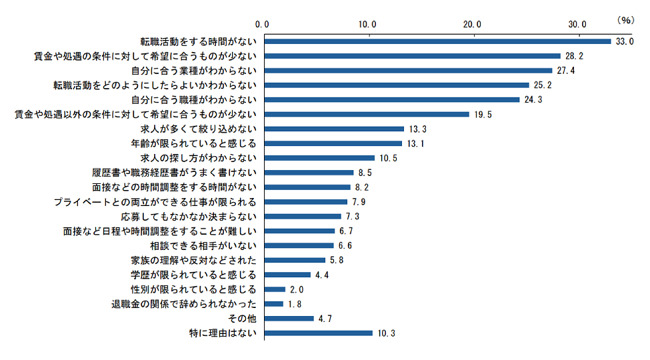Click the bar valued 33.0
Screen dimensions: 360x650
coord(437,41)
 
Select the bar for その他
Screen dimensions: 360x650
coord(289,318)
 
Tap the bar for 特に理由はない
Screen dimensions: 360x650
coord(318,333)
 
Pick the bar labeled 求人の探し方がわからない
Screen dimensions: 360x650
coord(319,158)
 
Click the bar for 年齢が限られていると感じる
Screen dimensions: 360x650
coord(333,143)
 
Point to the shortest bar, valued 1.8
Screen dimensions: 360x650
coord(273,303)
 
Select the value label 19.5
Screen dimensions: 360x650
coord(483,115)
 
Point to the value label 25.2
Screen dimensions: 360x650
coord(542,85)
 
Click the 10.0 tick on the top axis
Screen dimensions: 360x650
coord(368,24)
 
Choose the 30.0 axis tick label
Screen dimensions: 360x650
coord(577,24)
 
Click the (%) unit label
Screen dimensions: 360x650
coord(627,20)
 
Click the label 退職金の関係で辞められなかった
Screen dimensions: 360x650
coord(183,303)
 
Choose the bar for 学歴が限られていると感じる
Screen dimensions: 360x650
coord(287,275)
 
